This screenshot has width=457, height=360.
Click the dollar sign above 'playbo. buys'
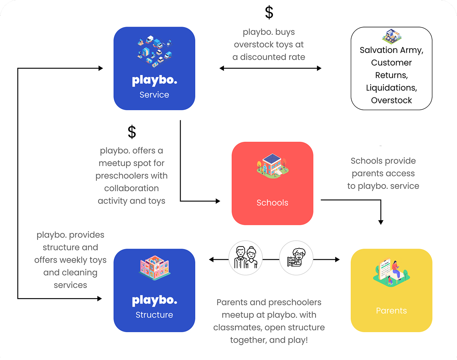[269, 12]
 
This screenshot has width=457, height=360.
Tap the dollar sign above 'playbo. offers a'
[132, 132]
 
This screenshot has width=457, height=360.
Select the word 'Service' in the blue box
[154, 95]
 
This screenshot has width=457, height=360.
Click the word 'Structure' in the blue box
[154, 315]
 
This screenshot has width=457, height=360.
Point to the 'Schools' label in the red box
[272, 203]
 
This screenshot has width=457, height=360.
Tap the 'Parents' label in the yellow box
[391, 311]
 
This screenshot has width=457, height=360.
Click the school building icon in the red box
[272, 166]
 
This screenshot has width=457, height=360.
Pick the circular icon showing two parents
[245, 258]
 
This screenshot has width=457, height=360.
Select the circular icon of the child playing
[296, 258]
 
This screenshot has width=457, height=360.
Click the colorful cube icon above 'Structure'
[154, 268]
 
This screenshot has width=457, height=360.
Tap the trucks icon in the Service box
[154, 52]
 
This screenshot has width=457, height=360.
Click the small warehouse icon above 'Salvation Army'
[392, 36]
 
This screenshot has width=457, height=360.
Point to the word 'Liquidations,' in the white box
[391, 88]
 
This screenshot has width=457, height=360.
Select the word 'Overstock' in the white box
[391, 100]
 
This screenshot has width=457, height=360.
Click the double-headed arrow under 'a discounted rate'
[270, 68]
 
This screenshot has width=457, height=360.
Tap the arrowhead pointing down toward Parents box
[381, 222]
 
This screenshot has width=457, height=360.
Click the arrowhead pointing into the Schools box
[218, 201]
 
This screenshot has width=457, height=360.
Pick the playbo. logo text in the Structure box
[154, 301]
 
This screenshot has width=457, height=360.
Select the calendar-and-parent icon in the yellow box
[391, 273]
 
